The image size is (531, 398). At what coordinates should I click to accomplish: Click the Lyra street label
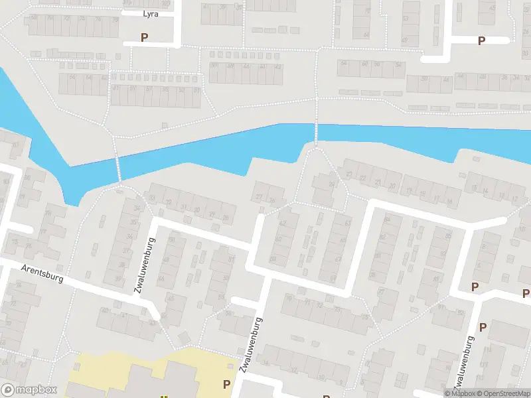click(x=150, y=13)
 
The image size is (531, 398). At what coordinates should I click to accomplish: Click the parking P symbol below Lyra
click(x=144, y=38)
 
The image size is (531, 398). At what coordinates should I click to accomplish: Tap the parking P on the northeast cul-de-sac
click(x=482, y=40)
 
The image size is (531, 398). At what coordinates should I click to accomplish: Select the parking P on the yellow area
click(x=227, y=384)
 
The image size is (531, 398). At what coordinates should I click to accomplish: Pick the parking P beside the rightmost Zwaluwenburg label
click(x=483, y=327)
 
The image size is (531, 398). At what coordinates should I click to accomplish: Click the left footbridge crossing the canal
click(x=119, y=168)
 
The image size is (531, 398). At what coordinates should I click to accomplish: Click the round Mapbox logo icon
click(x=9, y=390)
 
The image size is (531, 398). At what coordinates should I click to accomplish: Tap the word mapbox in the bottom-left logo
click(x=37, y=390)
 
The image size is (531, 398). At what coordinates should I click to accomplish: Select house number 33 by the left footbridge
click(x=153, y=199)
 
